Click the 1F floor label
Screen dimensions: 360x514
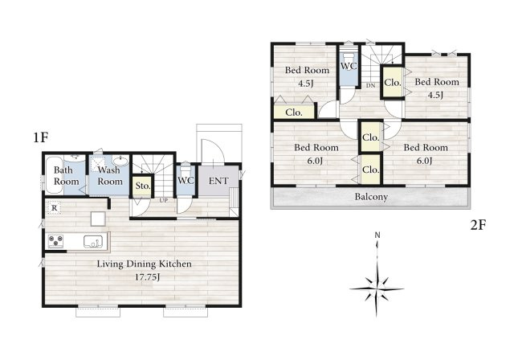(42, 138)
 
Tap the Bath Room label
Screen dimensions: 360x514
(66, 176)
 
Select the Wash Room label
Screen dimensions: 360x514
(110, 176)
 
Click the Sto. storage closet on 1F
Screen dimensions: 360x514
(142, 187)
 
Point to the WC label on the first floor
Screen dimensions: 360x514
(186, 181)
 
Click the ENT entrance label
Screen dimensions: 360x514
(218, 181)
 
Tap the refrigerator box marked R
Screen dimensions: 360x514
(53, 208)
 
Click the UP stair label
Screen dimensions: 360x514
(163, 200)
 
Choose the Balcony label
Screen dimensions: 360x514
(371, 197)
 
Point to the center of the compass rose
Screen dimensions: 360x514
(377, 284)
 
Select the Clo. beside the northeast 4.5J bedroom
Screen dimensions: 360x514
(392, 83)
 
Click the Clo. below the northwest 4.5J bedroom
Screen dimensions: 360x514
(293, 112)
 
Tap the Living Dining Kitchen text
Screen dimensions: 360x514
(145, 264)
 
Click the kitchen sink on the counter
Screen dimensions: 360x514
(95, 242)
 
